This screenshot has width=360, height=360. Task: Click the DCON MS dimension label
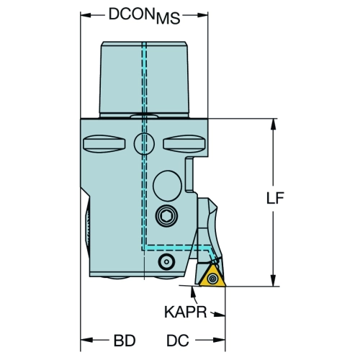point(144,16)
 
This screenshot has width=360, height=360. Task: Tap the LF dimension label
point(275,198)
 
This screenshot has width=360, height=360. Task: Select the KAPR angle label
point(185,312)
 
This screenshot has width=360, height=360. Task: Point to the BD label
point(125,341)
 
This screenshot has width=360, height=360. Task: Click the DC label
point(178,341)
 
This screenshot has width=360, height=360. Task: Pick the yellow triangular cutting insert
point(212,277)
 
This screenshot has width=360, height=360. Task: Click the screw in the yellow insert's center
point(212,279)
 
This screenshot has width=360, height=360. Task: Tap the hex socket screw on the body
point(166,216)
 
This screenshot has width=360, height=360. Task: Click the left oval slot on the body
point(104,144)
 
